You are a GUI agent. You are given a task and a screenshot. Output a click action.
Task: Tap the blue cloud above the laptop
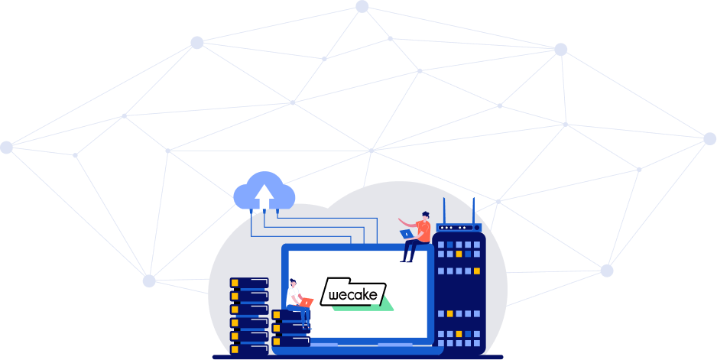coord(264,192)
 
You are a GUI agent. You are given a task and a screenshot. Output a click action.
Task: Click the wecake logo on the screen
coord(352,293)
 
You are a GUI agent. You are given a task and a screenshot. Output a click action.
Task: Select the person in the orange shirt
coord(416,234)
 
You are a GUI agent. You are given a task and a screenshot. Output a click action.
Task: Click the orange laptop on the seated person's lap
coord(305,302)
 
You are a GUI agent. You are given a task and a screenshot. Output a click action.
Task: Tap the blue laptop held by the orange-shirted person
coord(406,234)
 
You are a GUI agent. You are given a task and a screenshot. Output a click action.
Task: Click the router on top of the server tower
coord(458,227)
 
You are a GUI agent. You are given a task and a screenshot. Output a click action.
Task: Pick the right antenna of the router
coord(473,209)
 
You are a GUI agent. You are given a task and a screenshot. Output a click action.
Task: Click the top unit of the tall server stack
coord(249,283)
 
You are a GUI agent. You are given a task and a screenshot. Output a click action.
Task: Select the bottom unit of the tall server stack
coord(249,348)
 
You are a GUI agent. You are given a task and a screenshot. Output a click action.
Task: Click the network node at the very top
coord(362,7)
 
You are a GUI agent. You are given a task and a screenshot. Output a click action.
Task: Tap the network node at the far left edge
coord(6,148)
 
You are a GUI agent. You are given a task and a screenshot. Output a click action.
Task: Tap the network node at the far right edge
coord(709,139)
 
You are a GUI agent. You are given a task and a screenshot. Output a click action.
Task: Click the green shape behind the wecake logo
coord(382,305)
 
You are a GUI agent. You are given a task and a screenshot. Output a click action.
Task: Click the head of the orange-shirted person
coord(425,216)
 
